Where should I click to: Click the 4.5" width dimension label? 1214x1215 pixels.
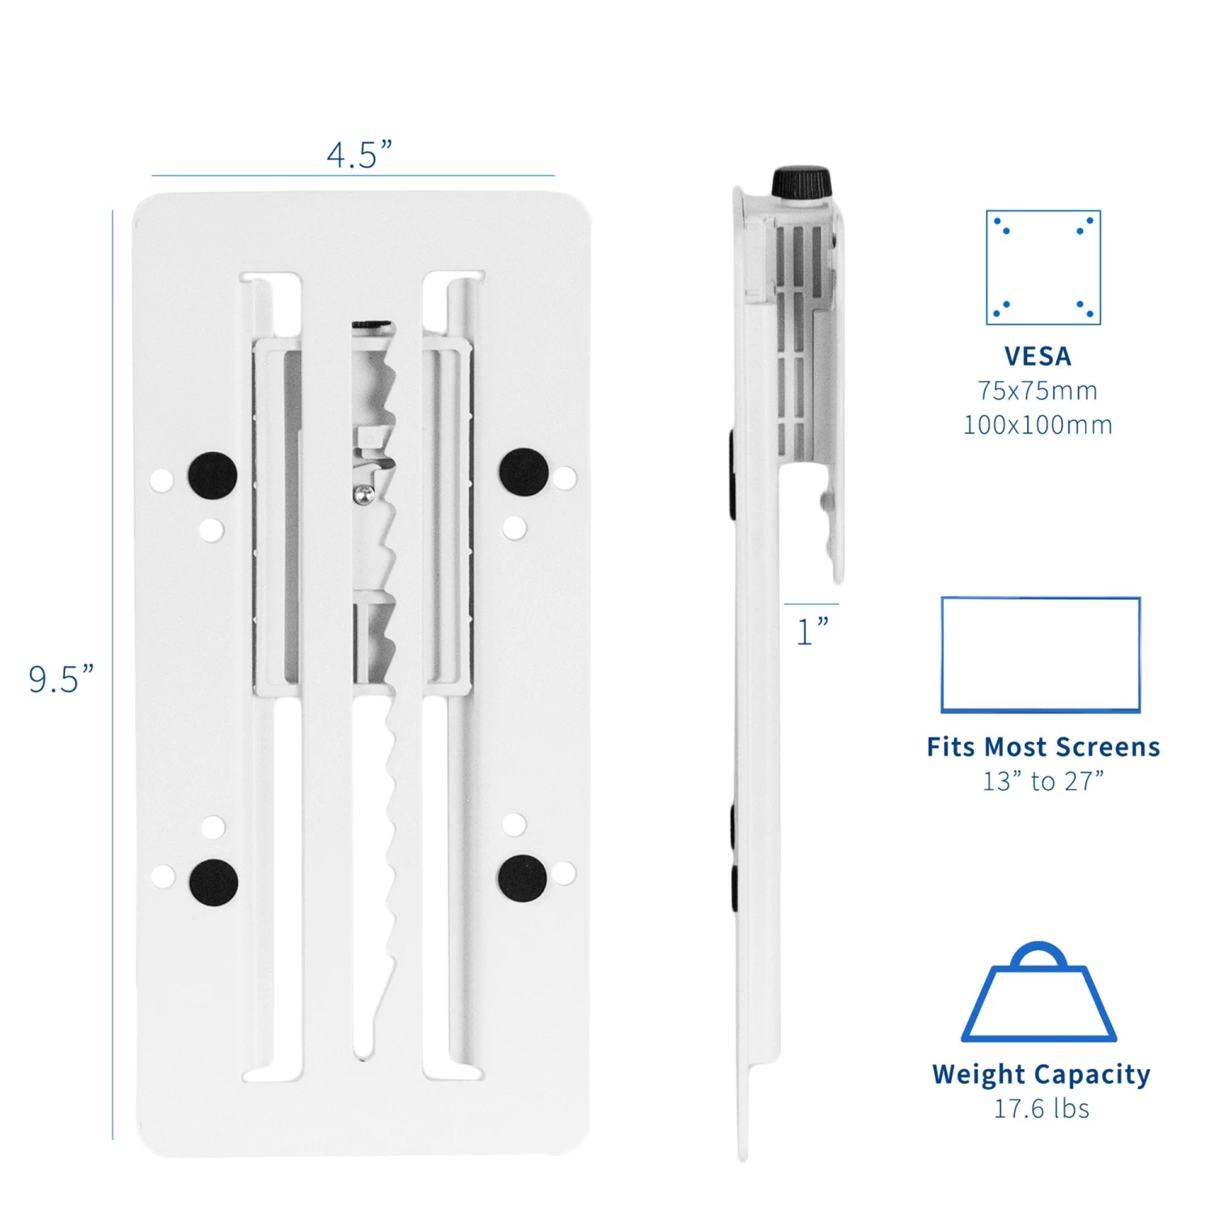pos(359,154)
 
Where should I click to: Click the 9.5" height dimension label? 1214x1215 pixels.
pos(62,679)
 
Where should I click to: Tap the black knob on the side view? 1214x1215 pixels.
pos(801,183)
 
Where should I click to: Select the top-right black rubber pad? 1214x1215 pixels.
pos(524,472)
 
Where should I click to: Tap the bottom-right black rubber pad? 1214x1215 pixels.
pos(523,878)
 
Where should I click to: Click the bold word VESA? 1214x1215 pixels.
pos(1038,356)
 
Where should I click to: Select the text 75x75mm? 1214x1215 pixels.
pos(1038,391)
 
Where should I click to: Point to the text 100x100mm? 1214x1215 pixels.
pos(1038,425)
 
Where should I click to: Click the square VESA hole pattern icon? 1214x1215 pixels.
pos(1043,268)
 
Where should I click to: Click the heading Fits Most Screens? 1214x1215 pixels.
pos(1043,746)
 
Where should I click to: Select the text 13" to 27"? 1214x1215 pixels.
pos(1043,781)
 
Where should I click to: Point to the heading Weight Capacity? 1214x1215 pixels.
pos(1041,1075)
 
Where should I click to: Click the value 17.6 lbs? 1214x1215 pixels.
pos(1042,1108)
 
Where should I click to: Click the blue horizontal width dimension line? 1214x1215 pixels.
pos(353,176)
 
